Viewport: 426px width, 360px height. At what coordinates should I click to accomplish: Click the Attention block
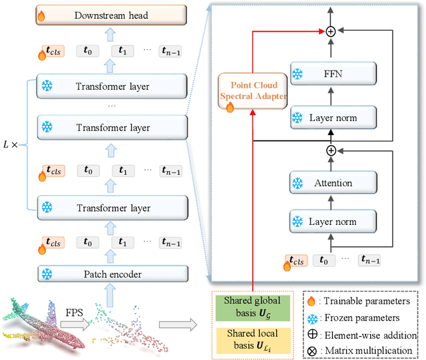pos(333,182)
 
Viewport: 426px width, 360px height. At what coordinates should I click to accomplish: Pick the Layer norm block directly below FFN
pos(333,118)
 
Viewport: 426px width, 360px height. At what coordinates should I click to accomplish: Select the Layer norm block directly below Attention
pos(333,222)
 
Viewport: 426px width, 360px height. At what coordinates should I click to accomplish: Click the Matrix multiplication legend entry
pos(362,350)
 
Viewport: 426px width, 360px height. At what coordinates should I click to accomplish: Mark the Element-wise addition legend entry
pos(362,333)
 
